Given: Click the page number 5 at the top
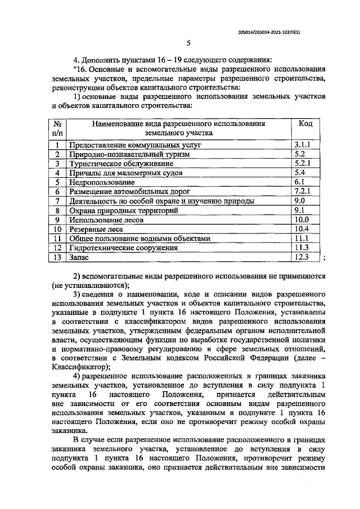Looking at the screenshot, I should tap(188, 43).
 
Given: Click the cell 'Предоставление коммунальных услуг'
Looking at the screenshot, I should tap(135, 145).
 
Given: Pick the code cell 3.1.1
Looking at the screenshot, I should tap(304, 145).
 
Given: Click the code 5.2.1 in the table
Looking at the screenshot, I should tap(304, 163).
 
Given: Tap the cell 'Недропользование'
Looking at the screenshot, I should tap(102, 182).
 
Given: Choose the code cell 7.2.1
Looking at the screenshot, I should tap(304, 191).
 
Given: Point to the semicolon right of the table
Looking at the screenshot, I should tap(323, 258).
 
